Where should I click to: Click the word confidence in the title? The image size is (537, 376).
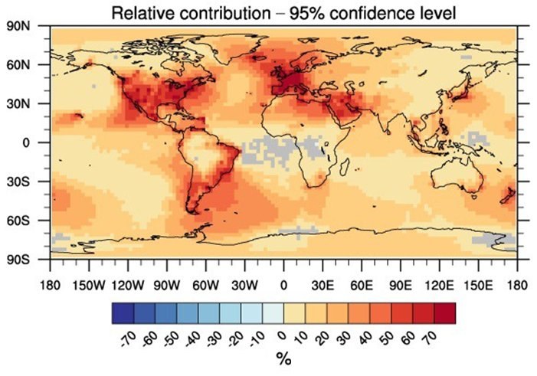click(356, 12)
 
